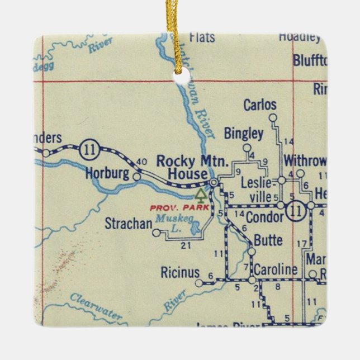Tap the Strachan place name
click(x=129, y=224)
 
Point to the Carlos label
click(x=260, y=105)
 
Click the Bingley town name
click(x=243, y=133)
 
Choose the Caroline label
click(x=277, y=270)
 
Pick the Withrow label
click(x=304, y=160)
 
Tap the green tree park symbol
click(x=200, y=195)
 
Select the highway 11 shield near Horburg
click(x=88, y=149)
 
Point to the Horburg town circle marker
click(x=137, y=176)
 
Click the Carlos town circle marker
click(x=273, y=117)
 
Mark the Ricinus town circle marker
click(x=199, y=283)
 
